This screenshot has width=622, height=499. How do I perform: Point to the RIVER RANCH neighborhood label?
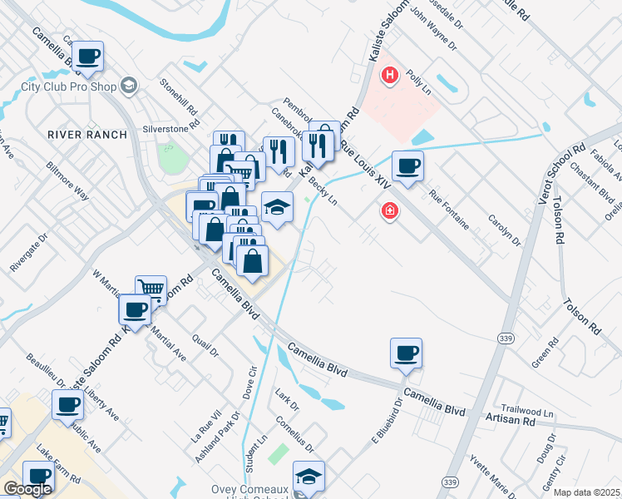click(87, 134)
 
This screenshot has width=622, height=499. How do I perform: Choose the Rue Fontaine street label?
click(450, 210)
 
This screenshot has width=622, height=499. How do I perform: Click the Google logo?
click(27, 489)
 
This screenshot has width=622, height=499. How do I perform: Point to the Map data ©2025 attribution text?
click(587, 492)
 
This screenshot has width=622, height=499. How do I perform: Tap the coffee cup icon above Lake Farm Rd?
click(39, 477)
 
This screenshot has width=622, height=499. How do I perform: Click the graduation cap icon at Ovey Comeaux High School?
click(309, 477)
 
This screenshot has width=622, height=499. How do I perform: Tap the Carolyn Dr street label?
click(504, 230)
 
